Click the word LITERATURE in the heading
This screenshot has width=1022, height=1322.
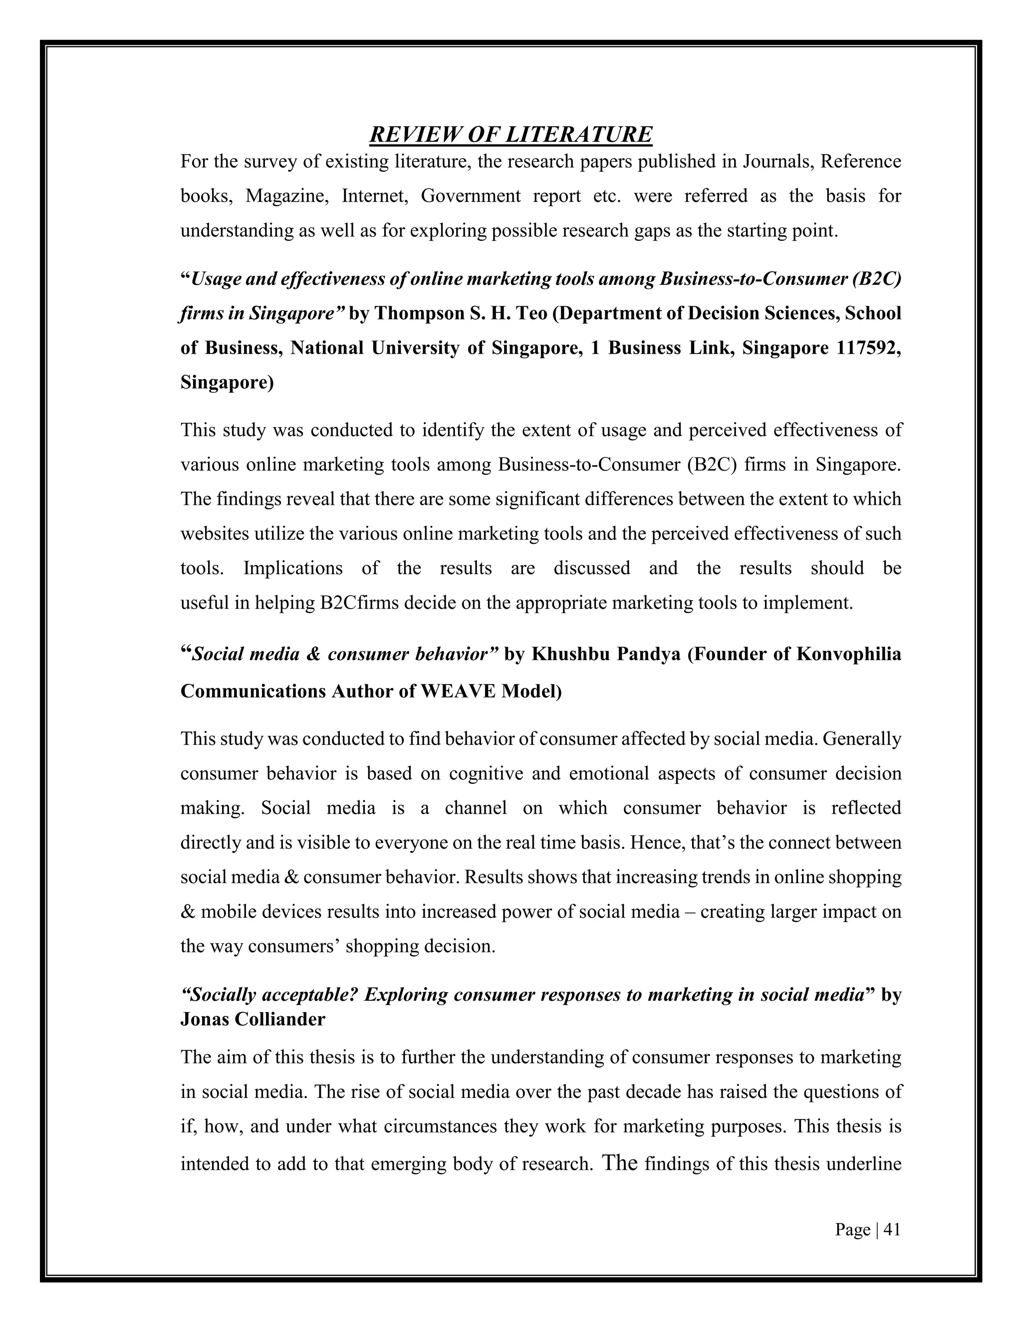pos(578,134)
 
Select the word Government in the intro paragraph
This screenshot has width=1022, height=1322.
pos(471,196)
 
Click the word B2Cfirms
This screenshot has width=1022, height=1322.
pos(359,603)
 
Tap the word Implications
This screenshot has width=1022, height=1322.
pos(292,568)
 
